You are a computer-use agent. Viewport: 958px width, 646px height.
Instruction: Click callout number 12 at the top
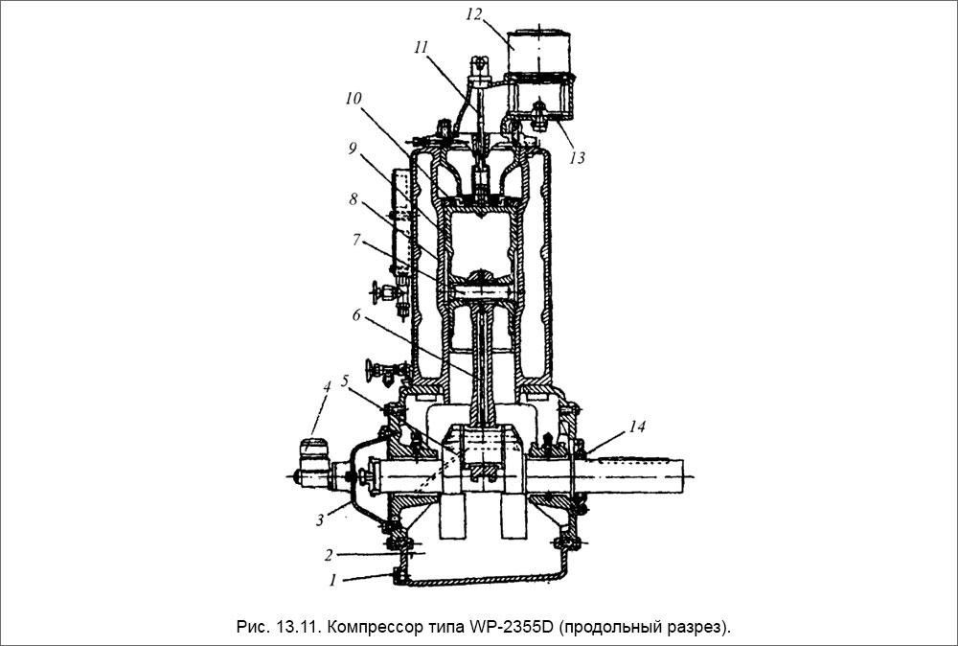coord(474,14)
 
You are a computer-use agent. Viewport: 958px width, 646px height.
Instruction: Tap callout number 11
coord(420,48)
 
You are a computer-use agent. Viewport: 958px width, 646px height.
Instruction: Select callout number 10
coord(354,99)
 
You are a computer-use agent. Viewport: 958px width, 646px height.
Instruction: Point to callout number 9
coord(353,150)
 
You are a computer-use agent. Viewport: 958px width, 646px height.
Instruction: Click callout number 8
coord(354,199)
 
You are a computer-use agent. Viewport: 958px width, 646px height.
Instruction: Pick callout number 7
coord(356,240)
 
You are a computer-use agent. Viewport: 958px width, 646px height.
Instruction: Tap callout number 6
coord(356,314)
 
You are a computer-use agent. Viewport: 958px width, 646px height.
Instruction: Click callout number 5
coord(345,381)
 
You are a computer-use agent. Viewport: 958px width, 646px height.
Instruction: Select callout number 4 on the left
coord(327,387)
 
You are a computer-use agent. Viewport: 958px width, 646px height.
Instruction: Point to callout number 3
coord(320,520)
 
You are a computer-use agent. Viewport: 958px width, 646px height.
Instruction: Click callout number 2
coord(328,555)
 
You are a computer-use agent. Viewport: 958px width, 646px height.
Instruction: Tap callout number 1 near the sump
coord(333,580)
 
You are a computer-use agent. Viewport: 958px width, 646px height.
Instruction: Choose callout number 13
coord(578,158)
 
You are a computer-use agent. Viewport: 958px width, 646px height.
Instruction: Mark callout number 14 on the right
coord(637,426)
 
